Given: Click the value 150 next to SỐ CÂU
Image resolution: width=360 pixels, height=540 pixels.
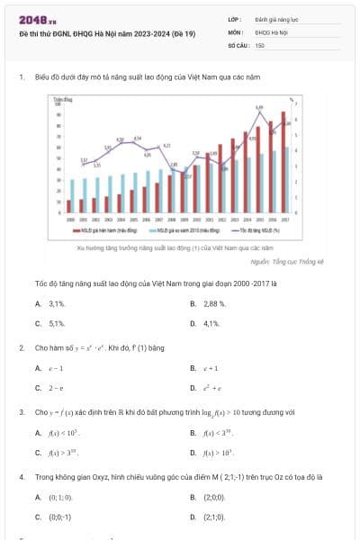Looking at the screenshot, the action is click(x=260, y=44).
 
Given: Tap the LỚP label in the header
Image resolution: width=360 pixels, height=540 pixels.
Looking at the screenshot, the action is click(x=234, y=19).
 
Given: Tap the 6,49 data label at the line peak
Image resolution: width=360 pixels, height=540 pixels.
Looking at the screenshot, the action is click(x=259, y=107).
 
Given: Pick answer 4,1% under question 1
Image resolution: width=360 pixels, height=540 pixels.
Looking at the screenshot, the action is click(x=211, y=322).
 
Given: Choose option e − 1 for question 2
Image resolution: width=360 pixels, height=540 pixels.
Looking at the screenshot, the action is click(x=56, y=368).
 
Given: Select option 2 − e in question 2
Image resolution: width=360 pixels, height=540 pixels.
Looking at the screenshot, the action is click(x=56, y=387).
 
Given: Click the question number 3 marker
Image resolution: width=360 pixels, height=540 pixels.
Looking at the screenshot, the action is click(x=21, y=412).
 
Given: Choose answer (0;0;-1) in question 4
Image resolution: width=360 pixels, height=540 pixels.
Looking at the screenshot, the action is click(x=59, y=517).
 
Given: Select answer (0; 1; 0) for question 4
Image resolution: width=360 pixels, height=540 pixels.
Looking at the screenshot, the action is click(x=60, y=498).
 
